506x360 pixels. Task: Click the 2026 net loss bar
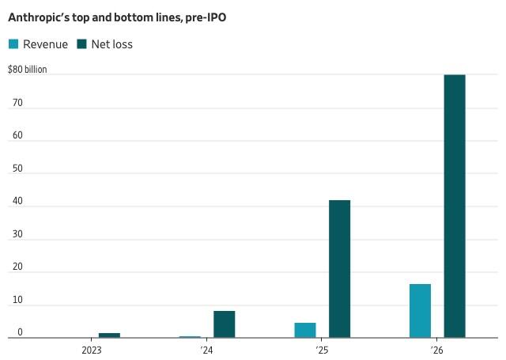pyautogui.click(x=455, y=207)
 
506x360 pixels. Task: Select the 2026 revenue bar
pyautogui.click(x=420, y=311)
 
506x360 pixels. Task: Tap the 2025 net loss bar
pyautogui.click(x=339, y=269)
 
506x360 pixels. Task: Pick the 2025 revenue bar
pyautogui.click(x=305, y=330)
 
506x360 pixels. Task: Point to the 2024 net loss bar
pyautogui.click(x=225, y=324)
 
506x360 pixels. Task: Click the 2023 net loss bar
pyautogui.click(x=109, y=335)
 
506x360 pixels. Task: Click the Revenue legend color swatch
pyautogui.click(x=13, y=44)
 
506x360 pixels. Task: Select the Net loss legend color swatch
pyautogui.click(x=82, y=44)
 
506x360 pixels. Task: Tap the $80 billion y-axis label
pyautogui.click(x=28, y=69)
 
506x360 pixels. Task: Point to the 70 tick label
pyautogui.click(x=17, y=103)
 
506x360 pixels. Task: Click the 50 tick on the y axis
pyautogui.click(x=17, y=169)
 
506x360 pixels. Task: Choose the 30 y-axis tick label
pyautogui.click(x=17, y=234)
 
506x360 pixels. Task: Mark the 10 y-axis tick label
pyautogui.click(x=17, y=300)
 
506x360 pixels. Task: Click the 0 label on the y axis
pyautogui.click(x=20, y=332)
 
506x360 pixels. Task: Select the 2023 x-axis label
pyautogui.click(x=92, y=350)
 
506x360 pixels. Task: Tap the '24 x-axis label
pyautogui.click(x=206, y=350)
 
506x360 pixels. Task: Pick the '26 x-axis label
pyautogui.click(x=436, y=350)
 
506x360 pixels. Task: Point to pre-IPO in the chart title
pyautogui.click(x=206, y=17)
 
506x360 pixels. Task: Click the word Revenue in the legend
pyautogui.click(x=46, y=44)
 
